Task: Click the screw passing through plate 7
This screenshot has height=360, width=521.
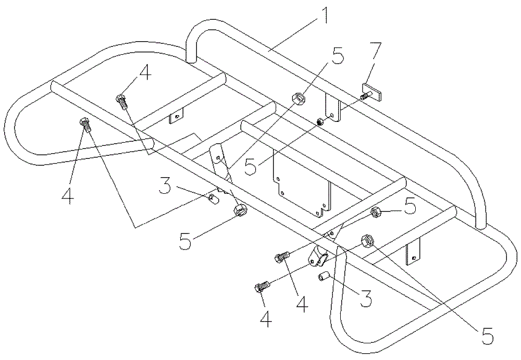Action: [365, 96]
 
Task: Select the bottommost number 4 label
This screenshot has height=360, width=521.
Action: [266, 319]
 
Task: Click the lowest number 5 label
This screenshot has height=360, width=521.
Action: [487, 336]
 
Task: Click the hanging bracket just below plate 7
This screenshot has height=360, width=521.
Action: [333, 107]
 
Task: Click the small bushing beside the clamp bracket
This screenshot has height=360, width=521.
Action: [323, 276]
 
